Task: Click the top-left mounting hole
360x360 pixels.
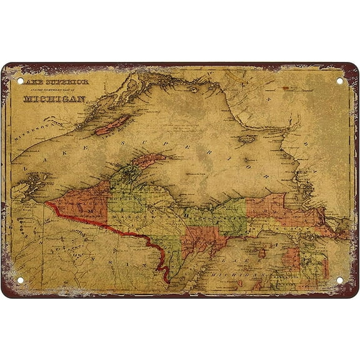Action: click(19, 81)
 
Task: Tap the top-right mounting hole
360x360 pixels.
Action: click(340, 81)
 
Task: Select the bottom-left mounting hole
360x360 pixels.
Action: click(19, 279)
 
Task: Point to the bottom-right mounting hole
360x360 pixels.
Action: click(340, 279)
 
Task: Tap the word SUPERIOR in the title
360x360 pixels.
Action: click(68, 82)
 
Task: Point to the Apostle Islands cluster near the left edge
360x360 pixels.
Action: click(28, 185)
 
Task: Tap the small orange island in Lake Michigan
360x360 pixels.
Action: click(262, 253)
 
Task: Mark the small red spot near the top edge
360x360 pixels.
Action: click(289, 89)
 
